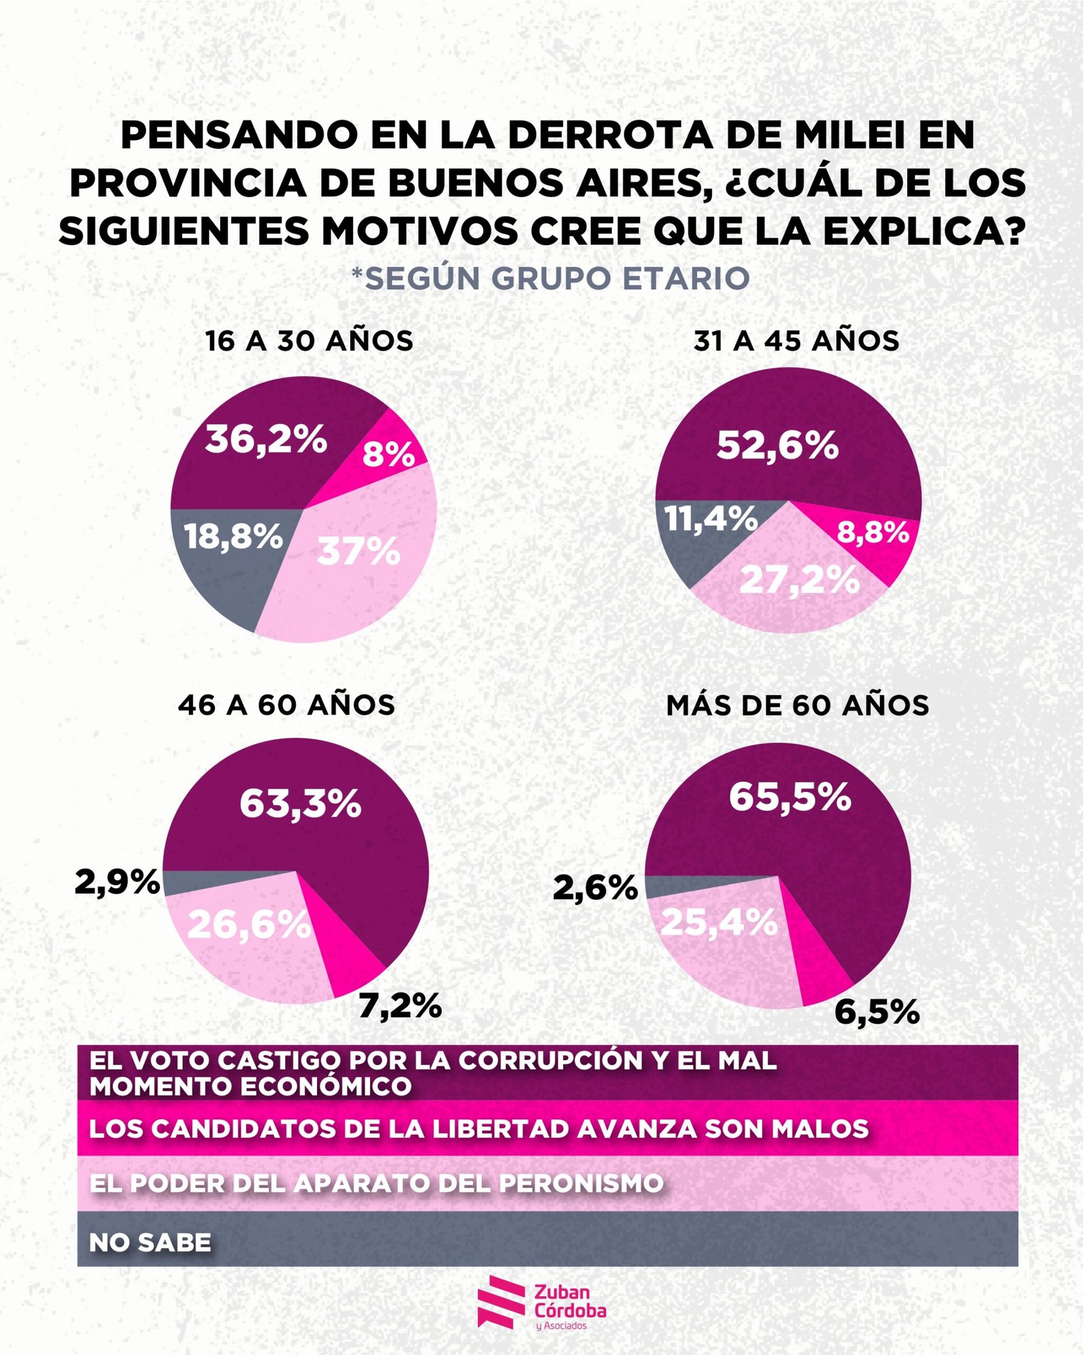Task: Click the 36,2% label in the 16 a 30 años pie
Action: pos(266,439)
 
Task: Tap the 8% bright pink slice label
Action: pos(388,454)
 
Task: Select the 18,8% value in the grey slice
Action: pos(233,537)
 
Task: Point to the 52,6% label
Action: pos(777,446)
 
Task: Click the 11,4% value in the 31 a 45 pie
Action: pos(711,519)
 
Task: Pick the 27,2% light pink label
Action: pos(799,580)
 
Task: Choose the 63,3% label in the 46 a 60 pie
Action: pos(300,804)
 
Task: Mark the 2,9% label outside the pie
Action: pos(117,882)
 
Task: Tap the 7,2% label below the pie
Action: pos(400,1006)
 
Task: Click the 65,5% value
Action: pos(790,797)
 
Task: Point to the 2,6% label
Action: pos(596,888)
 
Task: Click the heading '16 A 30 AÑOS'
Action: pos(309,341)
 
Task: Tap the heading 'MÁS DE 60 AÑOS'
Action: pos(797,706)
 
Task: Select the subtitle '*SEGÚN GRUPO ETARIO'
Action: pos(550,278)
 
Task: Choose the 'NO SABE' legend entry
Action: pos(150,1243)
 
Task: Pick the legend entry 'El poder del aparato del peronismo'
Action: pos(376,1184)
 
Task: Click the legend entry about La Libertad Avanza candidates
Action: pos(478,1129)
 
